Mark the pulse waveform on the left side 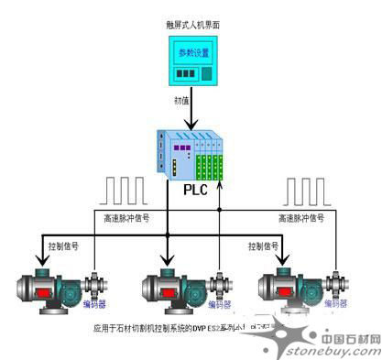126,190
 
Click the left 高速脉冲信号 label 123,218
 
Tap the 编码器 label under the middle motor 219,305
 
